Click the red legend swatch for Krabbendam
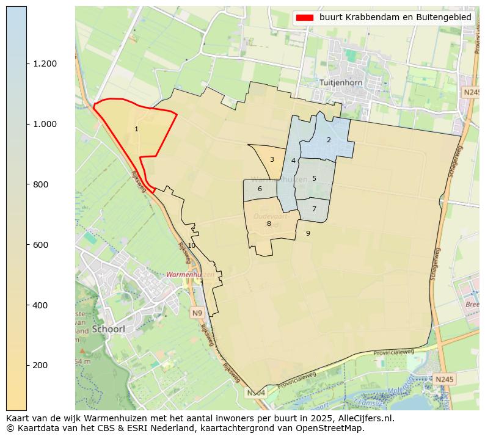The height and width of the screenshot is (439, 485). [304, 18]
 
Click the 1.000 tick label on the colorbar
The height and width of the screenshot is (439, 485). [44, 124]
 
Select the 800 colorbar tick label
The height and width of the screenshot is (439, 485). [41, 184]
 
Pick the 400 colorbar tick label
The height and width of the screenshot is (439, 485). [41, 305]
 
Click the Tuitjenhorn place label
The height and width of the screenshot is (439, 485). [341, 82]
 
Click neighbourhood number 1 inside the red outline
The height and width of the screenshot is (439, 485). [136, 129]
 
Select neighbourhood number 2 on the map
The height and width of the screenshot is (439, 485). [329, 140]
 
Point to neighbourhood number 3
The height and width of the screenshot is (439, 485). [272, 160]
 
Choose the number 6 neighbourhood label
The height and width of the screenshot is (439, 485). [260, 189]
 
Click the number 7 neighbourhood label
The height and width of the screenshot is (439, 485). [314, 209]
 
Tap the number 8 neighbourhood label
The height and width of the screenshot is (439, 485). [269, 224]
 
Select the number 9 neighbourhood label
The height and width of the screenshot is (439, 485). [308, 233]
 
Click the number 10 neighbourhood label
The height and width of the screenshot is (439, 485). [191, 245]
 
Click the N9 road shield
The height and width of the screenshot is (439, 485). [197, 313]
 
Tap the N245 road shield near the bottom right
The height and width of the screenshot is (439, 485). [444, 380]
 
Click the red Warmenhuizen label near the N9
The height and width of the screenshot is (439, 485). [190, 275]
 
